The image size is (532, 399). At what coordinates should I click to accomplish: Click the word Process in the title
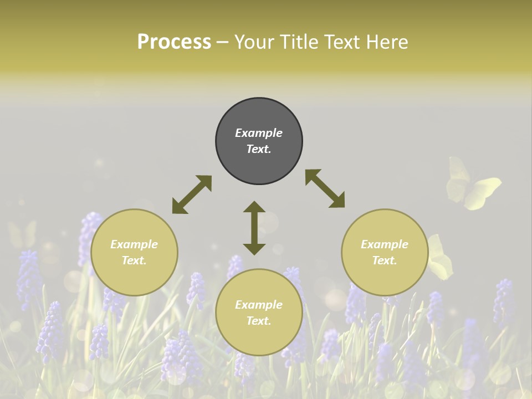[174, 42]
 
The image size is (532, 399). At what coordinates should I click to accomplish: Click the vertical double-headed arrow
[254, 228]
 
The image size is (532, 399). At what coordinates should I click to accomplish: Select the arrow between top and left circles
[192, 195]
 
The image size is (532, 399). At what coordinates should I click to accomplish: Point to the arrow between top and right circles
[325, 188]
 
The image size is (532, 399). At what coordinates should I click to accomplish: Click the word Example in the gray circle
[259, 133]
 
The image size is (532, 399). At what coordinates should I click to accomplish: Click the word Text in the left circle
[134, 260]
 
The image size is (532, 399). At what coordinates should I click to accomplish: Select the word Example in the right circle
[385, 244]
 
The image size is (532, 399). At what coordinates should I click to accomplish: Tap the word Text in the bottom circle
[259, 321]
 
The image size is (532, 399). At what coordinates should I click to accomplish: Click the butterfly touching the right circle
[439, 258]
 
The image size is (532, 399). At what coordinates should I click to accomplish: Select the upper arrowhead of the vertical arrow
[254, 208]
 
